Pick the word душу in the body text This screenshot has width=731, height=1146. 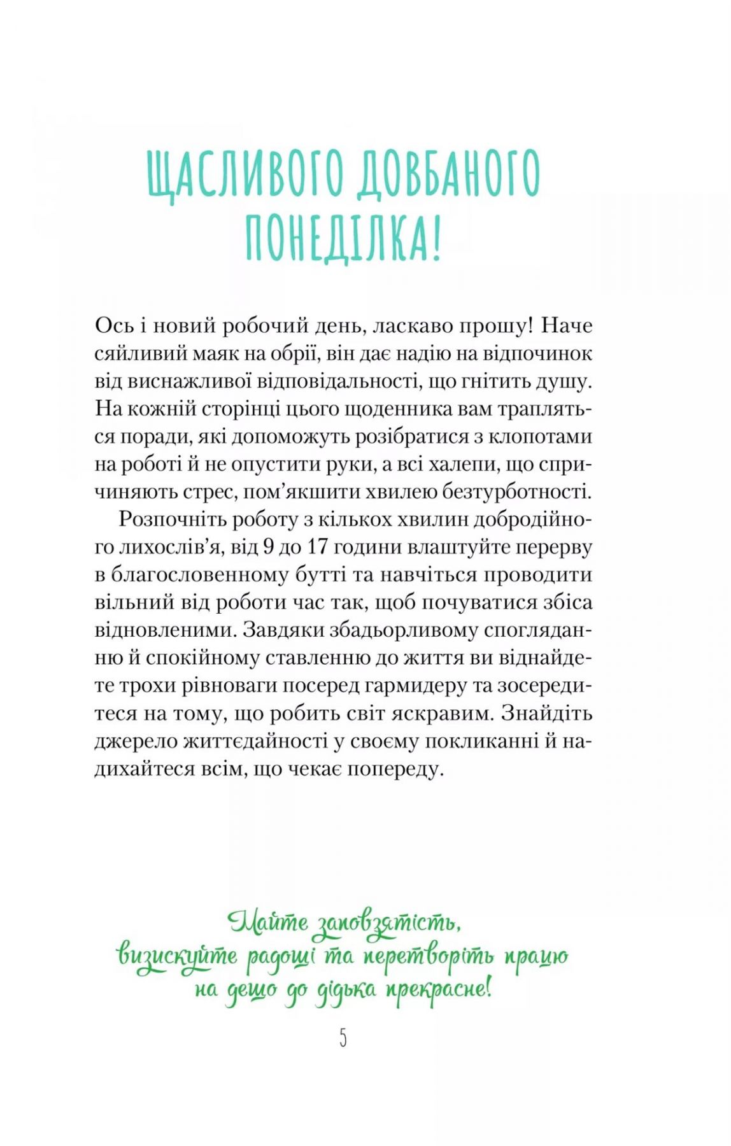[565, 381]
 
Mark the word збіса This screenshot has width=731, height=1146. [565, 602]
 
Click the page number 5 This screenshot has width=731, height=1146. [343, 1038]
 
